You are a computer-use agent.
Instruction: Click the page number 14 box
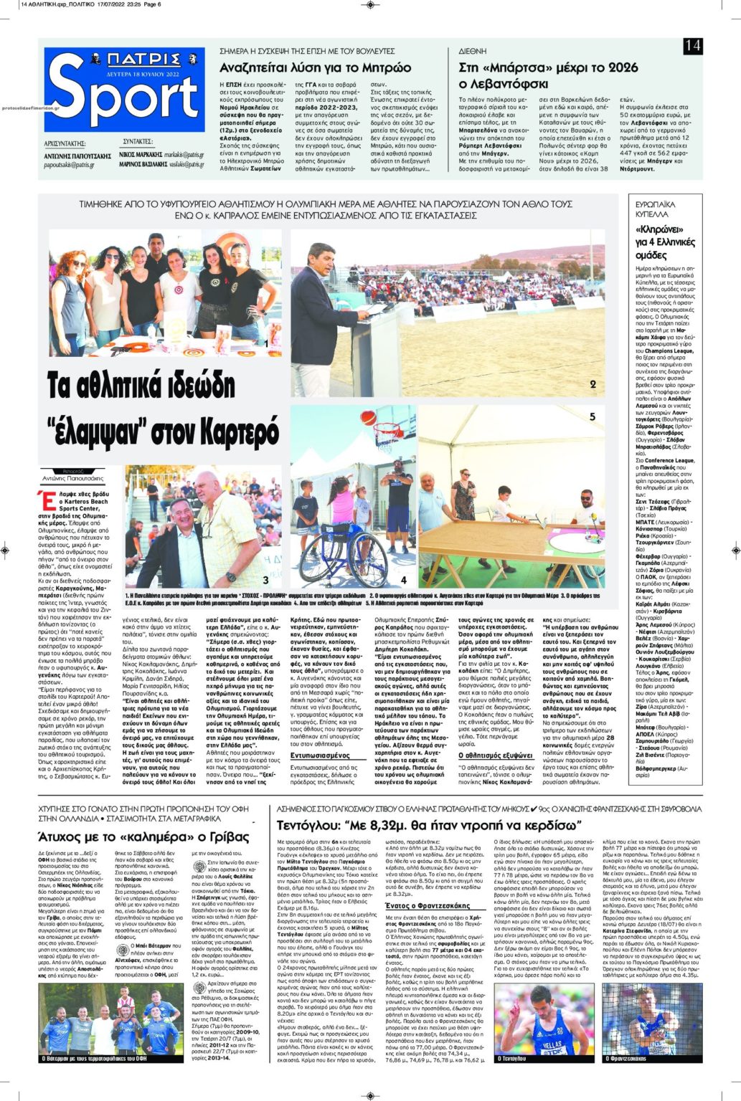692,47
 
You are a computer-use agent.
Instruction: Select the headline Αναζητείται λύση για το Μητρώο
315,68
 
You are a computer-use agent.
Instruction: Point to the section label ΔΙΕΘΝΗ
473,52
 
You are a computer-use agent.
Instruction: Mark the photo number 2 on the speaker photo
593,385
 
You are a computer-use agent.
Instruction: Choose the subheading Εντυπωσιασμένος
320,756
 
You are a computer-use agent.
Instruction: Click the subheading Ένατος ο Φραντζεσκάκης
433,906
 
